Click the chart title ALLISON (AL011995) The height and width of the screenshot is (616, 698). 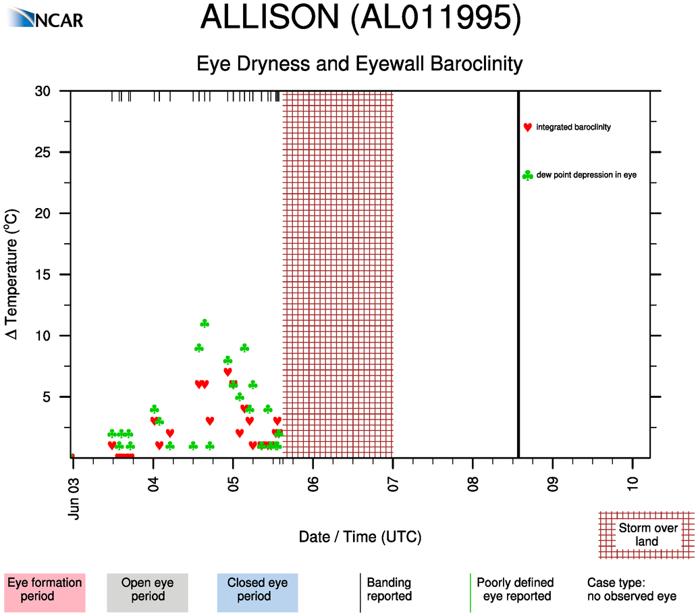(360, 18)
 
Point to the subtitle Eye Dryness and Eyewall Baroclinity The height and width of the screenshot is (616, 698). (359, 64)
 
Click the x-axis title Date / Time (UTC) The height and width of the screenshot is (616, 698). (360, 537)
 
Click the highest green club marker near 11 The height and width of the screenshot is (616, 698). (205, 324)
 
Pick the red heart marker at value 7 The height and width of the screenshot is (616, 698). (227, 372)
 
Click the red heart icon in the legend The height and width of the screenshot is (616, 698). (527, 127)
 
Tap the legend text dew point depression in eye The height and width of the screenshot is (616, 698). (586, 176)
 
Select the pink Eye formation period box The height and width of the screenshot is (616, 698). (45, 590)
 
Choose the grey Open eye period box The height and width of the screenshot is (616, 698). (147, 590)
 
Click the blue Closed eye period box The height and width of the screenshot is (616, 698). (257, 590)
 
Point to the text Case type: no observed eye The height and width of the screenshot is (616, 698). (630, 590)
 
